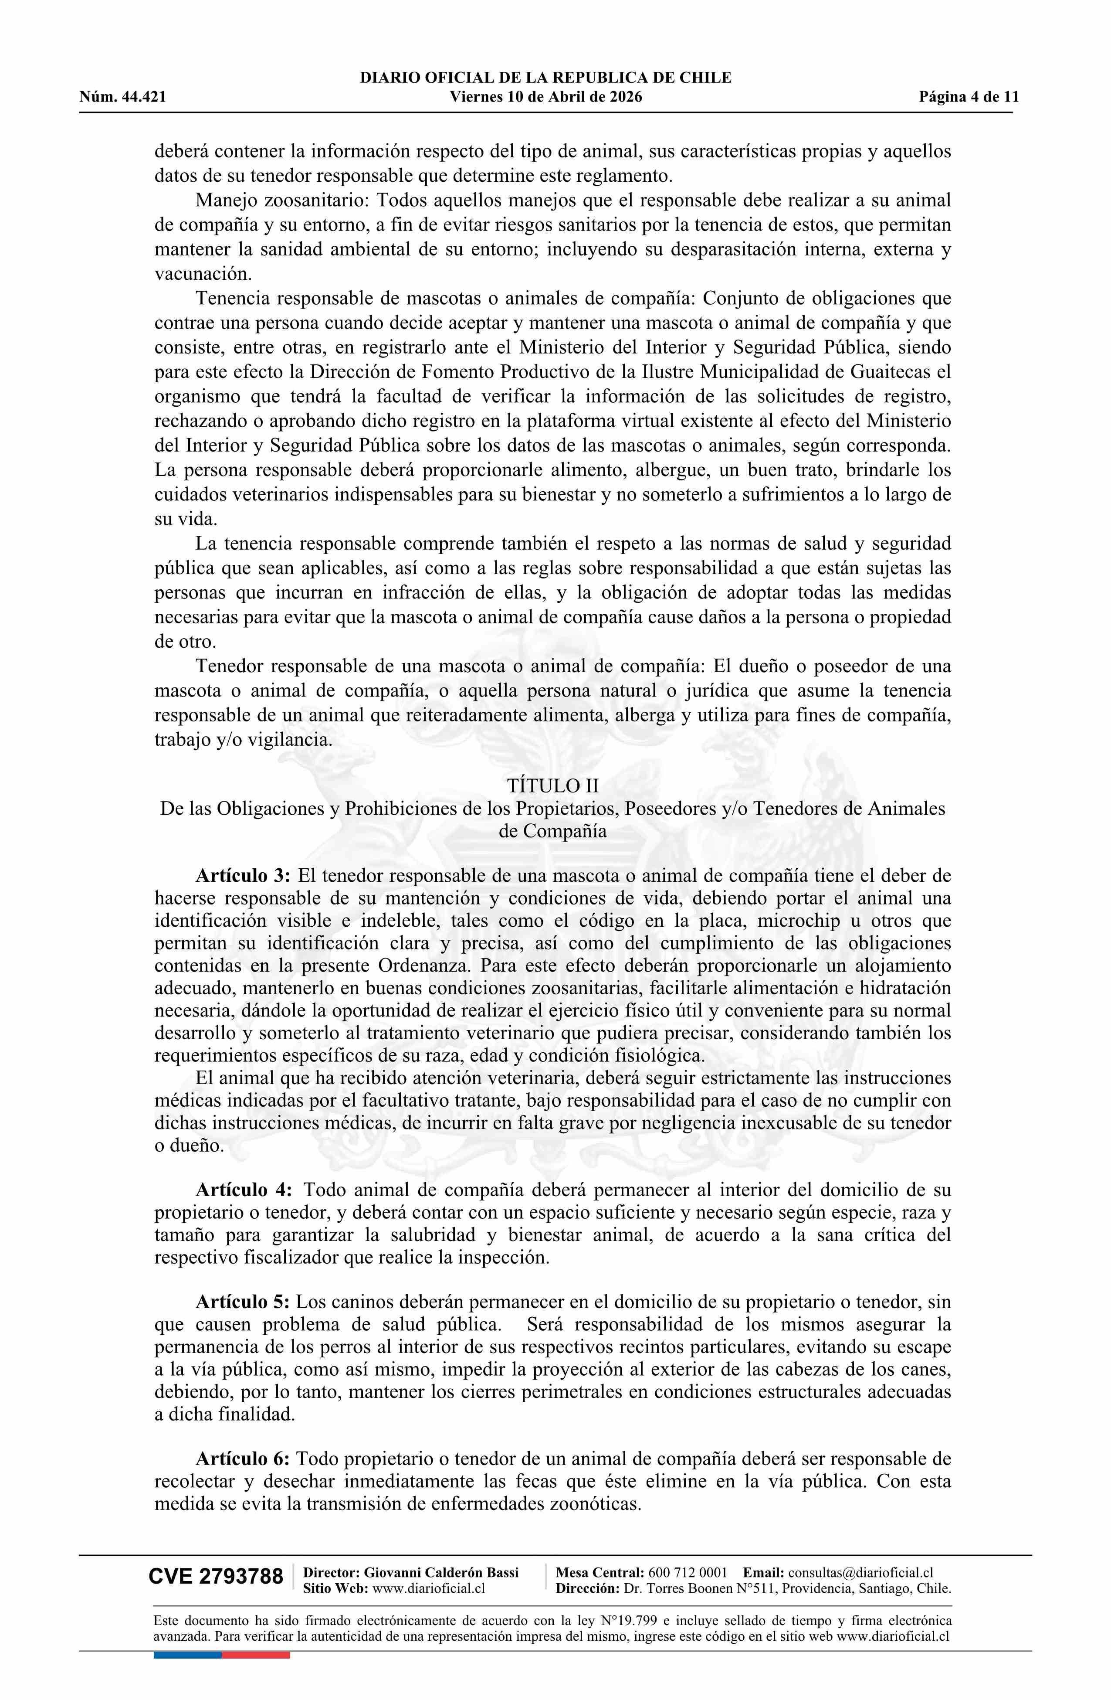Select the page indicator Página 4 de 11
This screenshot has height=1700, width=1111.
coord(969,97)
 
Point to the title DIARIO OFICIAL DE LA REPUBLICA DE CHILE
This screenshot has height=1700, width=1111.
coord(545,78)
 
